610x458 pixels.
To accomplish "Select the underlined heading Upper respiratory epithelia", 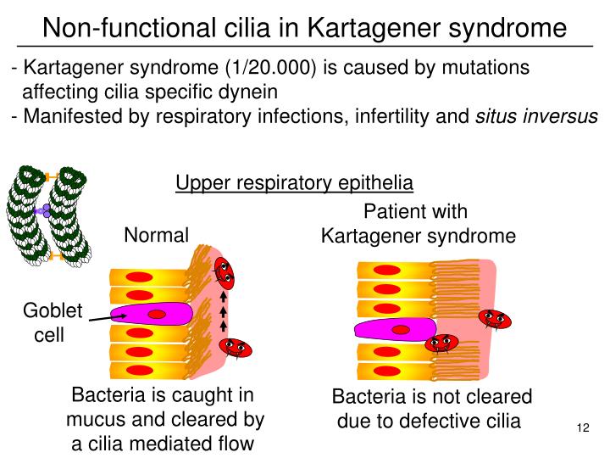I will coord(294,182).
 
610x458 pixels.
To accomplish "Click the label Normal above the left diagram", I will coord(157,235).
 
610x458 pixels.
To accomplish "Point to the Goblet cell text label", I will coord(52,322).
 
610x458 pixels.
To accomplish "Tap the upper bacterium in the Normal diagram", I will coord(224,271).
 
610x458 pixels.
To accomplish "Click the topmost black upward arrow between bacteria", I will coord(224,298).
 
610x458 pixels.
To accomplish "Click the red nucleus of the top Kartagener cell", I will coord(389,271).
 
